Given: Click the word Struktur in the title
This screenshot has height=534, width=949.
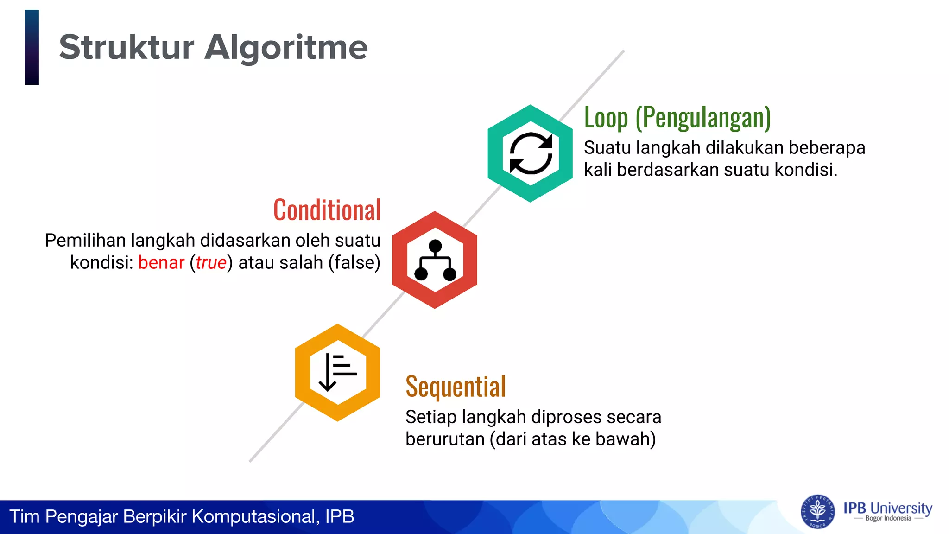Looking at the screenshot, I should tap(127, 47).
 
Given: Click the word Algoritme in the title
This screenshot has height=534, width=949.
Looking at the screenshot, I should tap(286, 48).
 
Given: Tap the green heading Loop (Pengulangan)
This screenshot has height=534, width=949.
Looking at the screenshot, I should tap(677, 117).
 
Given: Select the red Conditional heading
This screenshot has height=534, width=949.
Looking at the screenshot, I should tap(327, 210).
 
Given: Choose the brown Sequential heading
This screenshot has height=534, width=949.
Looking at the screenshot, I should tap(456, 387).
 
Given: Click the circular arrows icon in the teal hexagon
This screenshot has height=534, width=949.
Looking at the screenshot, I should tap(531, 153).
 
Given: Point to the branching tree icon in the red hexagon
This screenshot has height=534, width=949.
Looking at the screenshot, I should tap(435, 260).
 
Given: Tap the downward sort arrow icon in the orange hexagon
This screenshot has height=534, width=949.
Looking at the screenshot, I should tap(337, 372).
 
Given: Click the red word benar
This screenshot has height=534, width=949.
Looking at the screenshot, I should tap(161, 263).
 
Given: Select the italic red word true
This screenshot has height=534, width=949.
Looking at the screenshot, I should tap(211, 263).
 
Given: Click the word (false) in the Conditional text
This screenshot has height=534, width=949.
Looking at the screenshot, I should tap(354, 263).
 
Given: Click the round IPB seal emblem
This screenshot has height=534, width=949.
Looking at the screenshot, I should tap(818, 512).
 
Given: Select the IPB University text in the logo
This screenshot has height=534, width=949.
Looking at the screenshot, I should tap(887, 508).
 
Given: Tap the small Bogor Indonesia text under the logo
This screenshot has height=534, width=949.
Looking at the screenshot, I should tap(888, 519).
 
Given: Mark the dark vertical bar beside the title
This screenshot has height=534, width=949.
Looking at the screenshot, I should tap(32, 47).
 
